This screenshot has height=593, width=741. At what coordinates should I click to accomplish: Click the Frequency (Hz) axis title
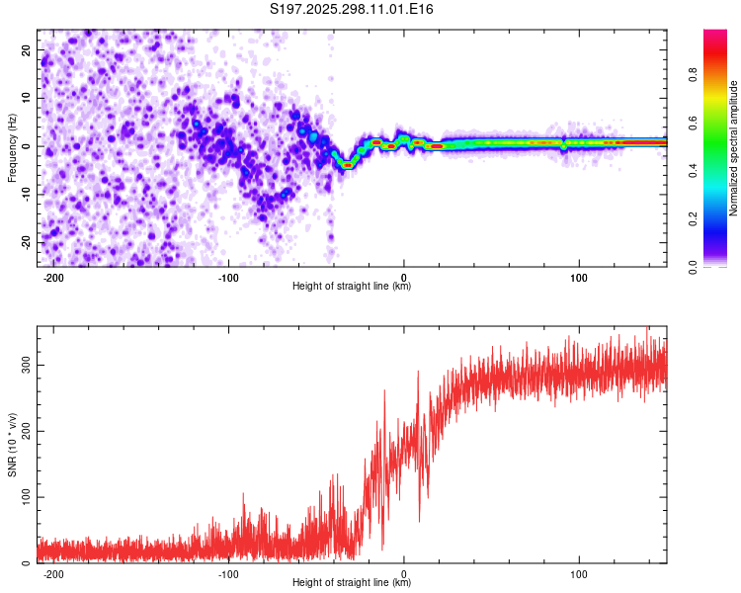pyautogui.click(x=12, y=147)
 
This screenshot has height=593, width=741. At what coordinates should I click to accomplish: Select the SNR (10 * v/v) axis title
pyautogui.click(x=12, y=446)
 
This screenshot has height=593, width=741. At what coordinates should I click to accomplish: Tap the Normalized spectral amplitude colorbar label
pyautogui.click(x=733, y=148)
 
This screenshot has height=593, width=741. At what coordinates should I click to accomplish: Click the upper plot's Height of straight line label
pyautogui.click(x=352, y=287)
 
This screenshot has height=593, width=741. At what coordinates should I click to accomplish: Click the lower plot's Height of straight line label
pyautogui.click(x=352, y=583)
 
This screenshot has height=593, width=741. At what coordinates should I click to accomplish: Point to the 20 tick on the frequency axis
pyautogui.click(x=27, y=49)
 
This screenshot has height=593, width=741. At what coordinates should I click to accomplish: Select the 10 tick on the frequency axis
pyautogui.click(x=27, y=98)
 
